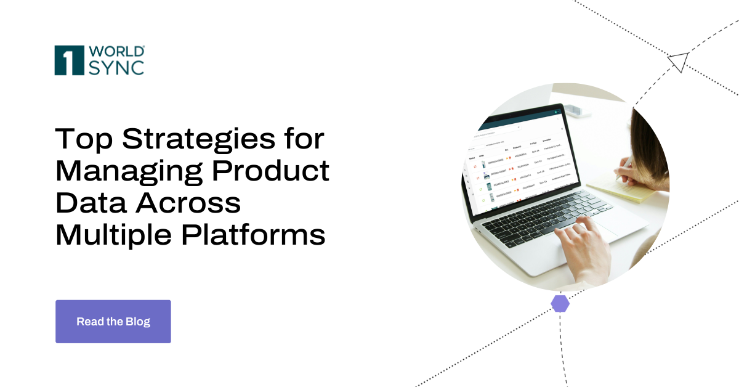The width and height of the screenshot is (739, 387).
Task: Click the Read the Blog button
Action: (x=113, y=322)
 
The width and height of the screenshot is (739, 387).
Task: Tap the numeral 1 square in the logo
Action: (x=69, y=60)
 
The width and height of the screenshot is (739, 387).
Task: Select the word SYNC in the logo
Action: (x=116, y=67)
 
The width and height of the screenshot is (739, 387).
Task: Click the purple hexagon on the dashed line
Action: (x=560, y=303)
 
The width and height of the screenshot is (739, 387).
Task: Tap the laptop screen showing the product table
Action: (x=517, y=163)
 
